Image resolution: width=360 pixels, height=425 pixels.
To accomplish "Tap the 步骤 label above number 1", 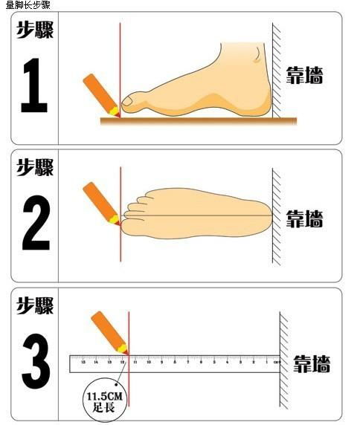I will tap(35, 30).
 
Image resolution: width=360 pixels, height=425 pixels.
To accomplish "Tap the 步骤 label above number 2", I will tap(35, 167).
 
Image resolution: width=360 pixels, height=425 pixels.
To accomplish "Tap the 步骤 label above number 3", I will tap(35, 305).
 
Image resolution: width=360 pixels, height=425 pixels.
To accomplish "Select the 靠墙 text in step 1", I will tap(305, 75).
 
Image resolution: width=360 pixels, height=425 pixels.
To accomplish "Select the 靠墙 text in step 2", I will tap(305, 218).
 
